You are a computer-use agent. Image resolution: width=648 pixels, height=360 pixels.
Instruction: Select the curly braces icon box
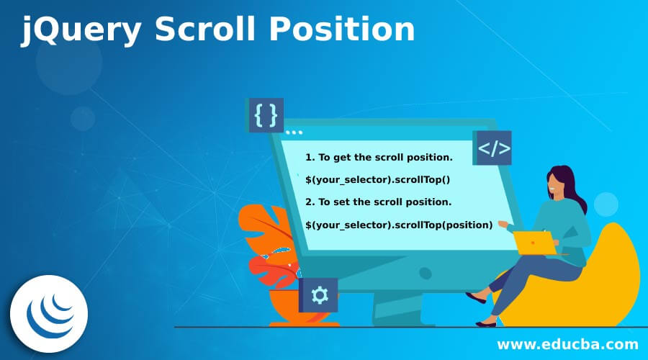coord(266,115)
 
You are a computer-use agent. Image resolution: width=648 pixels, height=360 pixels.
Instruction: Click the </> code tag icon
coord(494,148)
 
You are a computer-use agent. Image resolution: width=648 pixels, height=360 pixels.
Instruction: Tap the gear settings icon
coord(319,294)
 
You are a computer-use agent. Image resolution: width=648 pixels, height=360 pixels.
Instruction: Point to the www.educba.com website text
coord(567,344)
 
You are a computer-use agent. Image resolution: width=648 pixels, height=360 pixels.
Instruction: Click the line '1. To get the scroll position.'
coord(379,157)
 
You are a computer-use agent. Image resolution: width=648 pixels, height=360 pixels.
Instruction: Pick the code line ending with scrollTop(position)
coord(399,225)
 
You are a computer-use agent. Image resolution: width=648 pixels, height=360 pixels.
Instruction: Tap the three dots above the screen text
coord(294,132)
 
